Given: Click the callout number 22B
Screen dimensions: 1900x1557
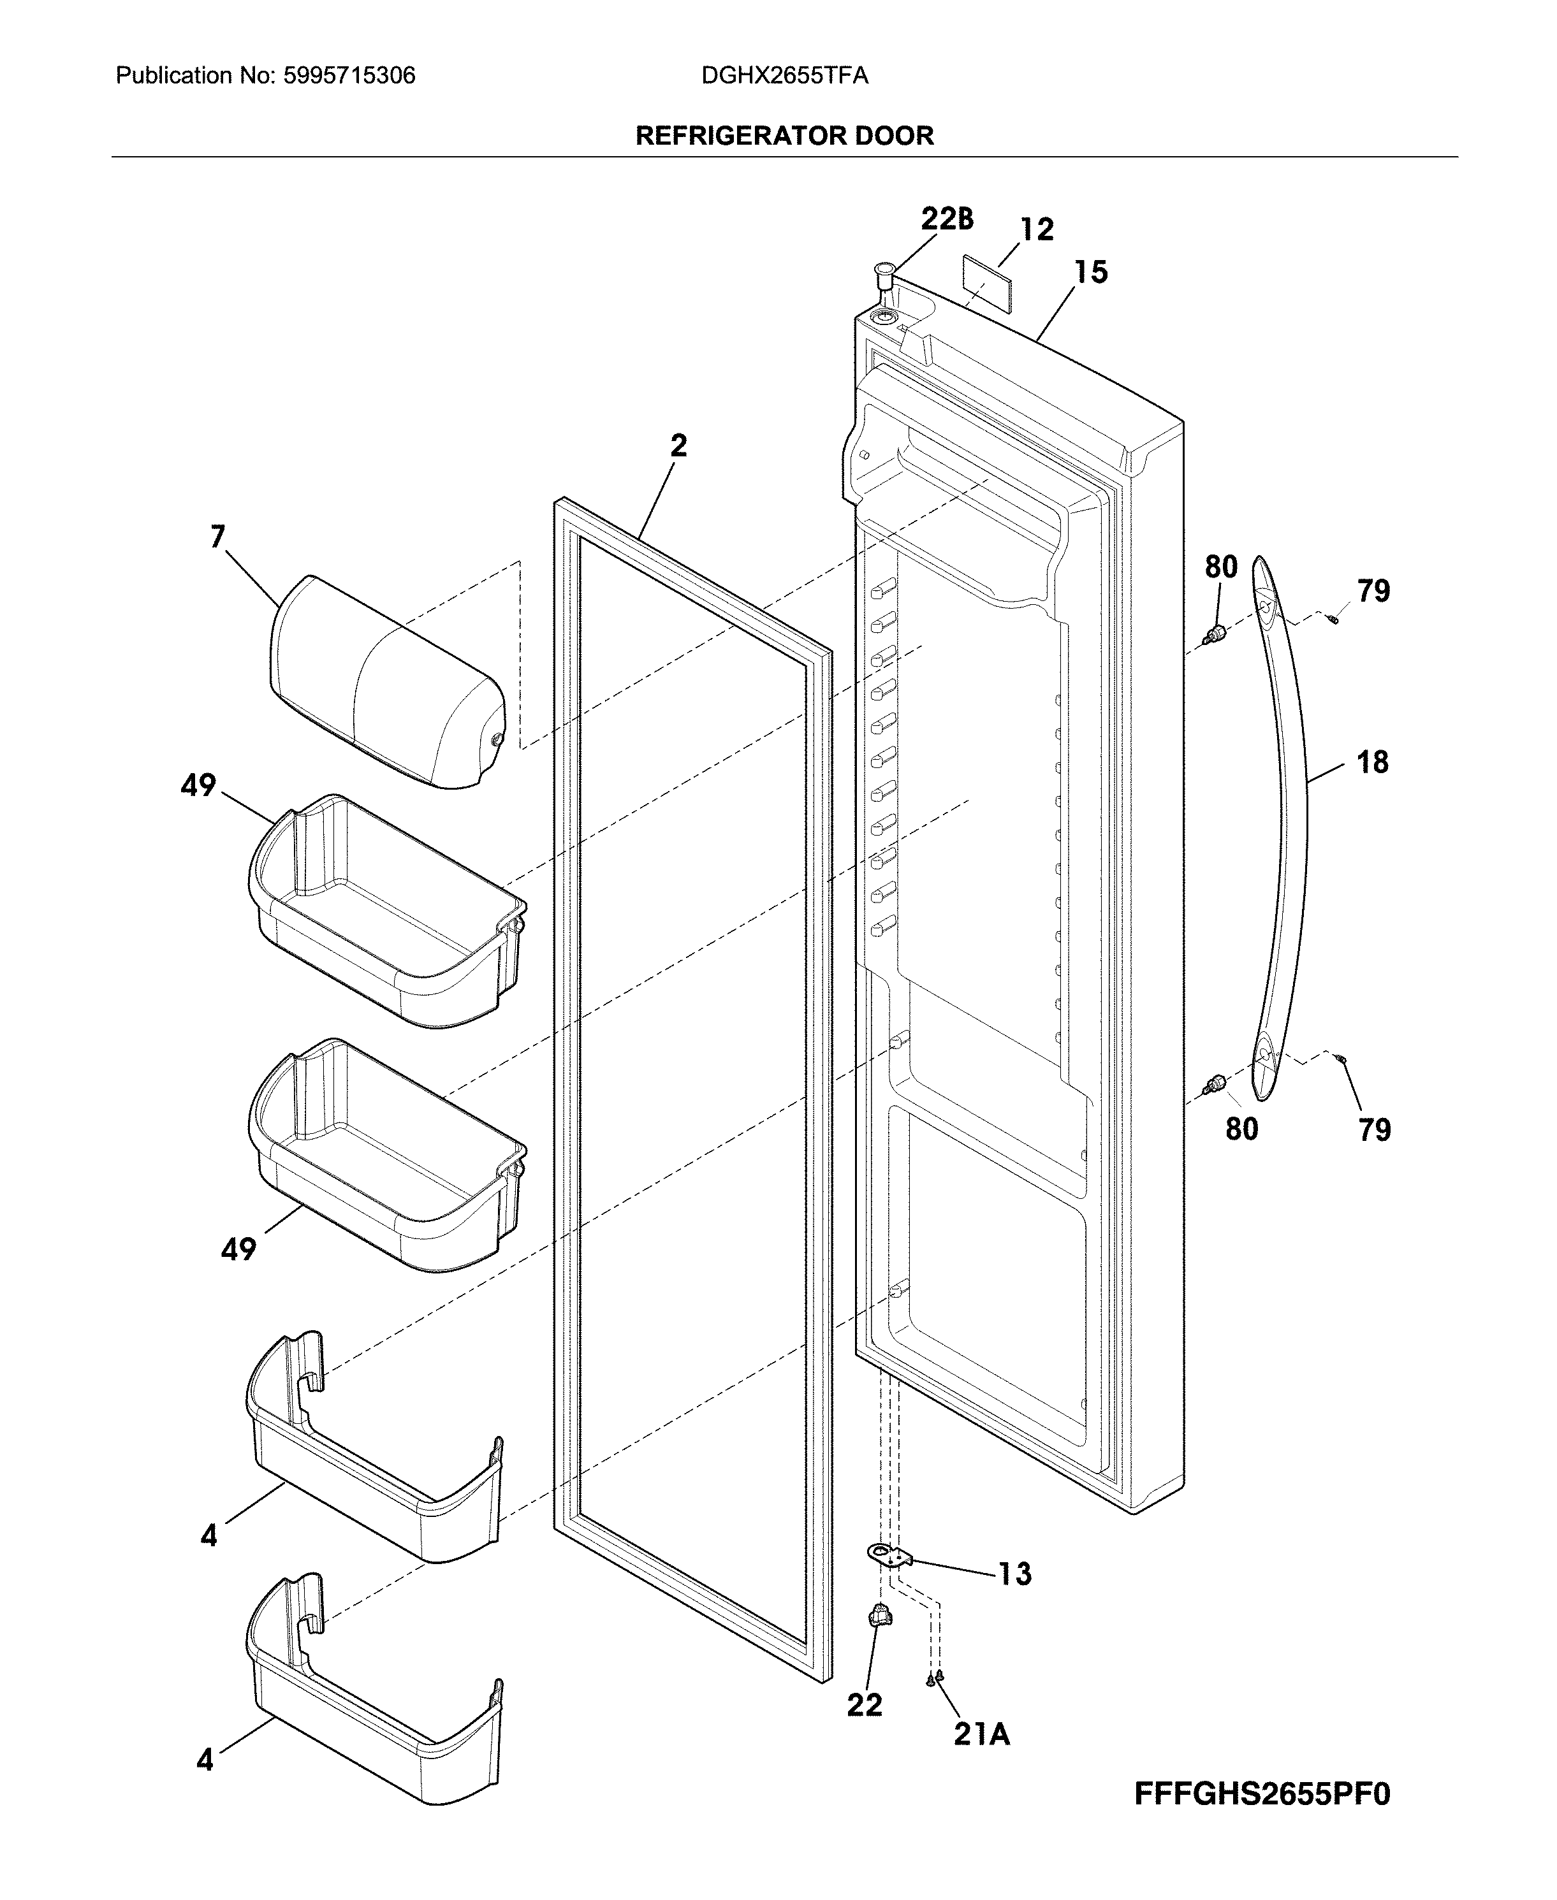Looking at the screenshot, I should point(947,219).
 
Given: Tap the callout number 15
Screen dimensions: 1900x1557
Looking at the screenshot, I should point(1091,272).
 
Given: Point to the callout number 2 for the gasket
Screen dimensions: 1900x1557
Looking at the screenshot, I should point(679,445).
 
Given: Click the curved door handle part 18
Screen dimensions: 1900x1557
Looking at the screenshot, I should point(1283,825).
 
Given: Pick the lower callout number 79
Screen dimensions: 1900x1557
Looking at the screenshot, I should point(1374,1130).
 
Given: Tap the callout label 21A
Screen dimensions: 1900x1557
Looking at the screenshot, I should point(981,1735).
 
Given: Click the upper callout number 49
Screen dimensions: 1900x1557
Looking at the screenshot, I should point(198,785).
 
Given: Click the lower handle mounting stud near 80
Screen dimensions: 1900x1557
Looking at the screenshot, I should point(1215,1084).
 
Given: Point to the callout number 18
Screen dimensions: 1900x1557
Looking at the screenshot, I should point(1372,762).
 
